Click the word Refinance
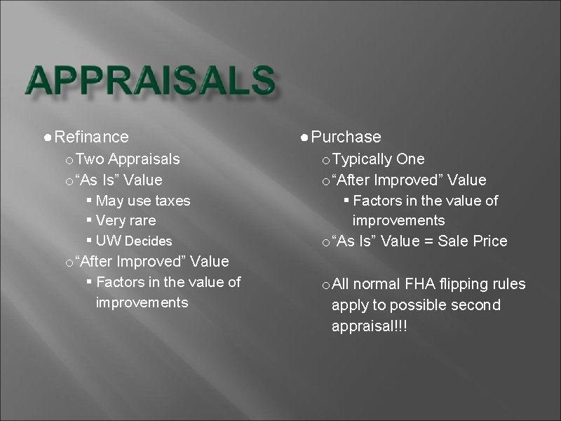[x=91, y=137]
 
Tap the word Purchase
[x=346, y=137]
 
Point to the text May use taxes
[x=143, y=201]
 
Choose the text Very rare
[x=126, y=221]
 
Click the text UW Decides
[x=134, y=241]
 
